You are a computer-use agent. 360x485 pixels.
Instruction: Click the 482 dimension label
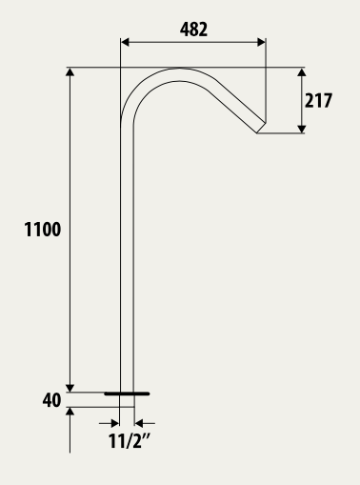193,30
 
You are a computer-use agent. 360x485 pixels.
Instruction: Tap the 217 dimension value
318,100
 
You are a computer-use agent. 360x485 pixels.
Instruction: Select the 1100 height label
43,230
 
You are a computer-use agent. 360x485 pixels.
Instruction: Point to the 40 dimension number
51,400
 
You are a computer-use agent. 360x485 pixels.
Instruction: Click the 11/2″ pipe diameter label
129,441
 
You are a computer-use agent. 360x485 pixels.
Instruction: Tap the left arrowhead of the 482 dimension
125,42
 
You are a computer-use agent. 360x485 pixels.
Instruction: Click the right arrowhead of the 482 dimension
262,42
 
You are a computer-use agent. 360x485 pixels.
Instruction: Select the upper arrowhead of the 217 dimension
302,71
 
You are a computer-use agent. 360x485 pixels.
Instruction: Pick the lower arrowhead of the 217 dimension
302,129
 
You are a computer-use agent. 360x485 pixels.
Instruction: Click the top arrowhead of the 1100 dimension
70,71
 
